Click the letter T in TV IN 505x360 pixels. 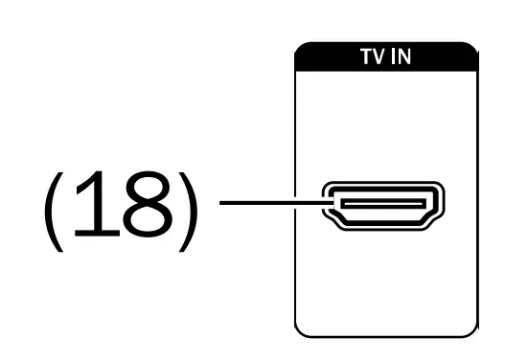pos(363,56)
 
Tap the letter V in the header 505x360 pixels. pos(375,56)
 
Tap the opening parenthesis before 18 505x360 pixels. pos(51,209)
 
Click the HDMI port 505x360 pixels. pos(384,204)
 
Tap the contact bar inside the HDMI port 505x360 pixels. pos(383,203)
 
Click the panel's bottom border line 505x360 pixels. pos(383,336)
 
